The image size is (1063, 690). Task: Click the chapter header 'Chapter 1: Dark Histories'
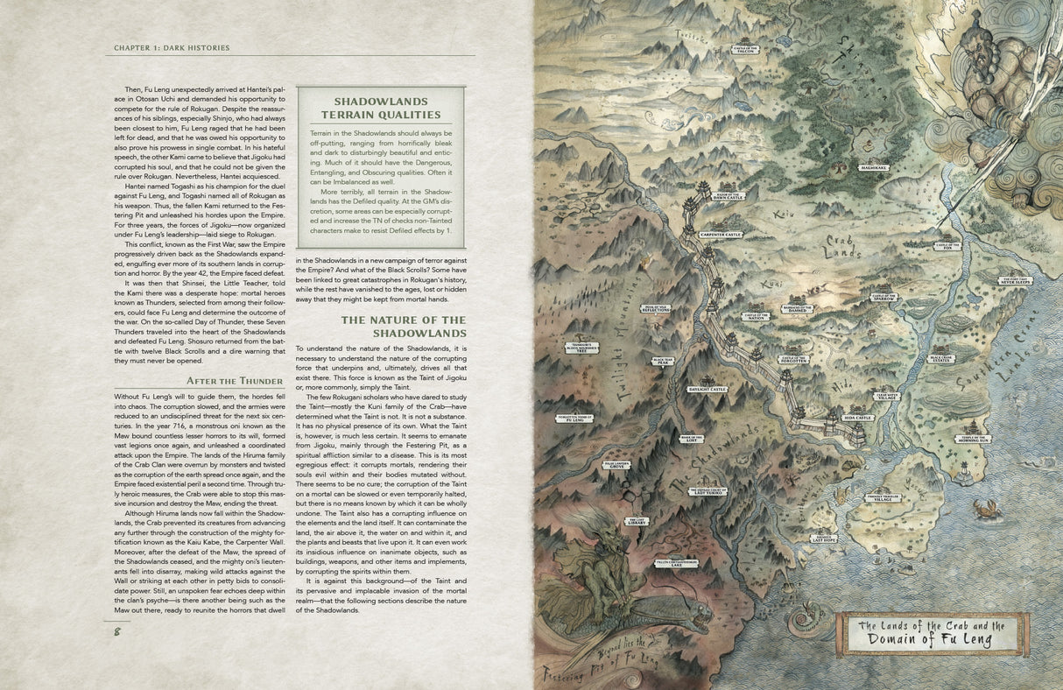coord(172,47)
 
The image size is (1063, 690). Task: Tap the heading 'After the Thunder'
coord(235,381)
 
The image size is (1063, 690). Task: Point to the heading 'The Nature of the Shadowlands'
coord(404,327)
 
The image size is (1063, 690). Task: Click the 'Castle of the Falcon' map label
coord(745,51)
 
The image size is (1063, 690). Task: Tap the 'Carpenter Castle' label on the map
coord(721,235)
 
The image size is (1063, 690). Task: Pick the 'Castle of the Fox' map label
coord(947,247)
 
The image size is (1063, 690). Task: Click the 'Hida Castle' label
coord(857,419)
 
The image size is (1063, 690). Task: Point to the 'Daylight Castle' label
coord(707,389)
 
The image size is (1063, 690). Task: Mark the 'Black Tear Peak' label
coord(662,361)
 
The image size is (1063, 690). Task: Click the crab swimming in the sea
coord(989,507)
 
